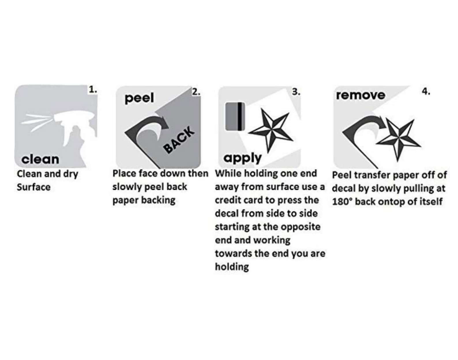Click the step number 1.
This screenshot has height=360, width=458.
(93, 90)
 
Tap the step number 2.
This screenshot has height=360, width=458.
(196, 92)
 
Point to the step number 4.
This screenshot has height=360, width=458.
(426, 91)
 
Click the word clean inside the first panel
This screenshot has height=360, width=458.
(40, 159)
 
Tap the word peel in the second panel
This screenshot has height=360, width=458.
(139, 98)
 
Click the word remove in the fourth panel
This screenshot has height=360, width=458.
(361, 95)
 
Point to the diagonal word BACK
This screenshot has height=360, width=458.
(179, 140)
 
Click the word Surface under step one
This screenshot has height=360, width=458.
(33, 187)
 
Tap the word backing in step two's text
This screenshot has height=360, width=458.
(158, 200)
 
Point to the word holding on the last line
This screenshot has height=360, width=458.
(232, 267)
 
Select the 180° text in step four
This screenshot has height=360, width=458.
(342, 202)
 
